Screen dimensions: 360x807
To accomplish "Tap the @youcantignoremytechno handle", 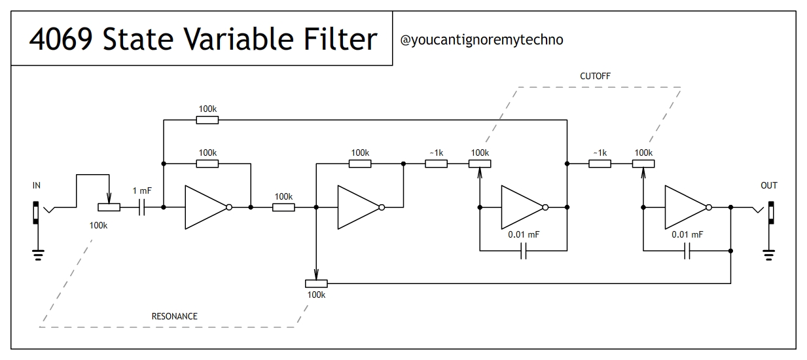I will pos(481,40).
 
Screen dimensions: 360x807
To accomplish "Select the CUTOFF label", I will pos(595,77).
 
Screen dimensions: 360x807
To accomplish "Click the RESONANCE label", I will pos(174,316).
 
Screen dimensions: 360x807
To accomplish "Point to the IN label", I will pos(37,185).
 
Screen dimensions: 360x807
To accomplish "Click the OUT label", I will pos(769,185).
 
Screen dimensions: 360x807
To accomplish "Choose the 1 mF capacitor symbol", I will pos(141,207).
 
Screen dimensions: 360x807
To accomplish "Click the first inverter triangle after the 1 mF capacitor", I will pos(205,207).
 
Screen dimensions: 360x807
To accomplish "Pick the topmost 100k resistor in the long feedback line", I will pos(207,120).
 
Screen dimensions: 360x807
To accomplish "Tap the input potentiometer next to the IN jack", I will pos(109,207).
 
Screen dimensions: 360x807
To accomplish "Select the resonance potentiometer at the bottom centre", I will pos(316,283).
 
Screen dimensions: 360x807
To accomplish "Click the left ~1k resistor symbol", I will pos(437,164).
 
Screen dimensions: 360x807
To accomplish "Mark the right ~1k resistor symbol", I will pos(600,164).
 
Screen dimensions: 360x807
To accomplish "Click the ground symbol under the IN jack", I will pos(37,254).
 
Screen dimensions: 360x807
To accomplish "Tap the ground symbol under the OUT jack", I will pos(770,254).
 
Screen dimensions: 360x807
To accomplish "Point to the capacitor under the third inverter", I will pos(524,251).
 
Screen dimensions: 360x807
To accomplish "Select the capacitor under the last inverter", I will pos(687,251).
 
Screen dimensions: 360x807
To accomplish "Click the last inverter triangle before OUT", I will pos(685,207).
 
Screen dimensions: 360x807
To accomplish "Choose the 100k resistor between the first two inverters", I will pos(283,207).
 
